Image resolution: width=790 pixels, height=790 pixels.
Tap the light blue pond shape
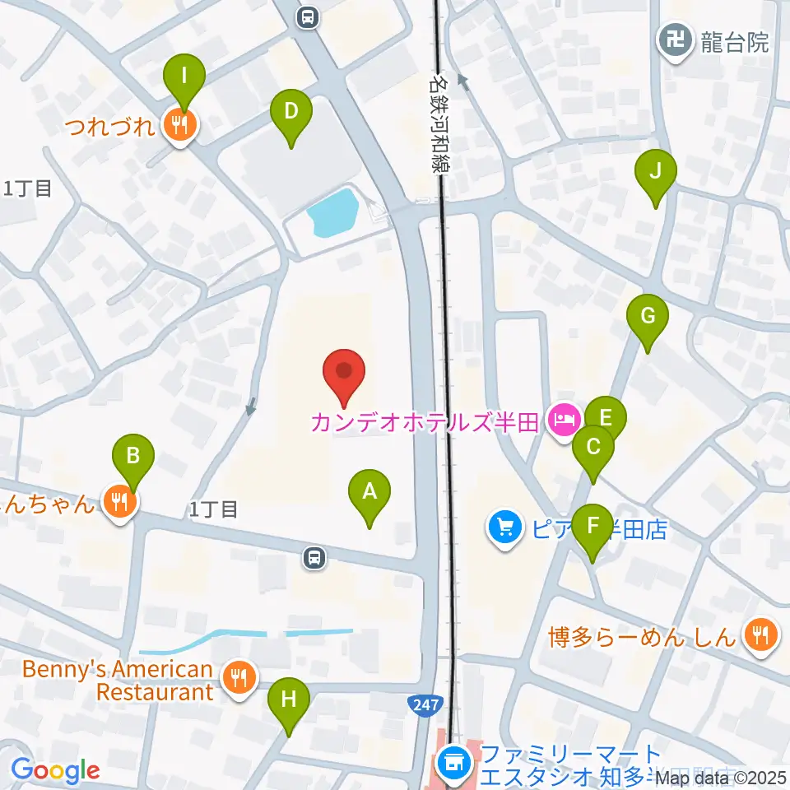tap(332, 212)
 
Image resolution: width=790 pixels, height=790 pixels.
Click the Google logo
tap(54, 770)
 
